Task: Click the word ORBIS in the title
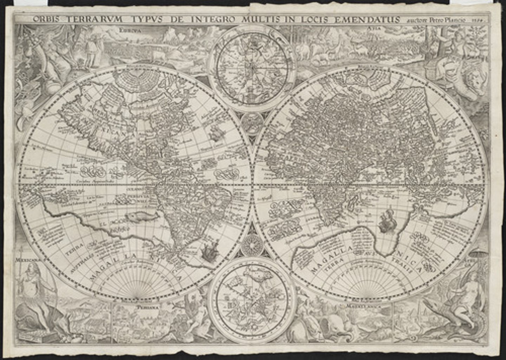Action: coord(44,19)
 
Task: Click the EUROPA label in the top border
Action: coord(129,31)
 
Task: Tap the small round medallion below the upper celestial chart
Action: coord(252,123)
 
